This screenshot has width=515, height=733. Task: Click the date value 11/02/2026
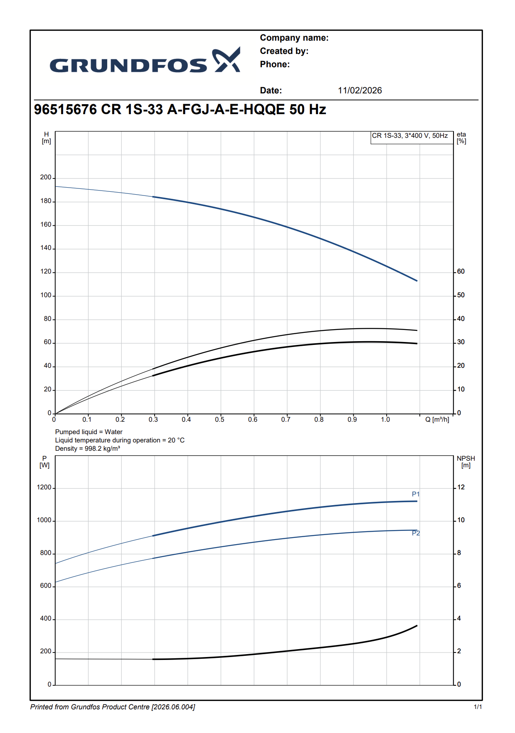[360, 90]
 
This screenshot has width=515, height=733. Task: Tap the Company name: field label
[294, 38]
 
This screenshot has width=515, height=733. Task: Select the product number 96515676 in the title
[65, 110]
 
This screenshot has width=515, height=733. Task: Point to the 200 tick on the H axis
[46, 177]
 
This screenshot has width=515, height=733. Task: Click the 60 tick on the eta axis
[461, 271]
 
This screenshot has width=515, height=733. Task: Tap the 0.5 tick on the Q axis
[219, 420]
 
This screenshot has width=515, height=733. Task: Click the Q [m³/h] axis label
[437, 420]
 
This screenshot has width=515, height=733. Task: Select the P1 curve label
[416, 494]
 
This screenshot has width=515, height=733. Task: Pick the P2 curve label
[416, 533]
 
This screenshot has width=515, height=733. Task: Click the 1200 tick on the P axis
[44, 487]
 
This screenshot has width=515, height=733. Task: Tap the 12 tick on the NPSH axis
[461, 487]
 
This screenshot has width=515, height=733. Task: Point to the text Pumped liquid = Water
[89, 432]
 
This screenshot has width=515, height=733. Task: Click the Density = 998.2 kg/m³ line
[87, 449]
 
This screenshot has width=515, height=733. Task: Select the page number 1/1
[478, 707]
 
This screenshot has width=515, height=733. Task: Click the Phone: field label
[275, 64]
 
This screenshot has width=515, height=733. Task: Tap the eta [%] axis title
[461, 138]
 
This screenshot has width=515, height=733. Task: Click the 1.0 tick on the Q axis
[385, 420]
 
